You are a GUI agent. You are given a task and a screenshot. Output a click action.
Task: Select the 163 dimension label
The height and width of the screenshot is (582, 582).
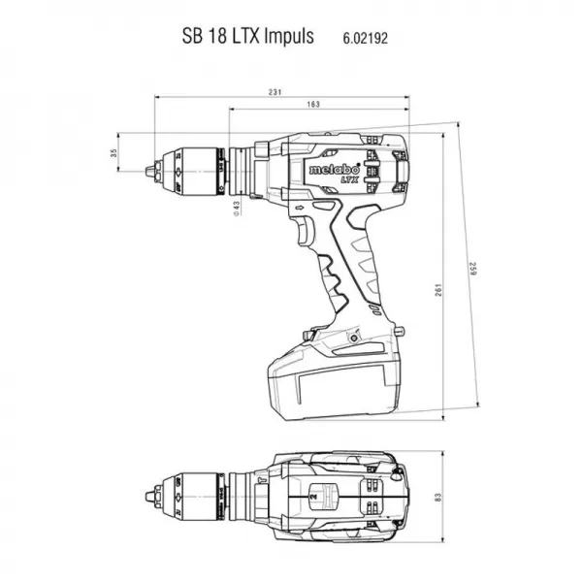point(314,104)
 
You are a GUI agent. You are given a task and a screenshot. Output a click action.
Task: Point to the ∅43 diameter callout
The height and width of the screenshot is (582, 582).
point(236,206)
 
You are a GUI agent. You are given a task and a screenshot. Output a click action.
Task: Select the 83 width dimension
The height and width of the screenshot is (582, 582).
point(437,498)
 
